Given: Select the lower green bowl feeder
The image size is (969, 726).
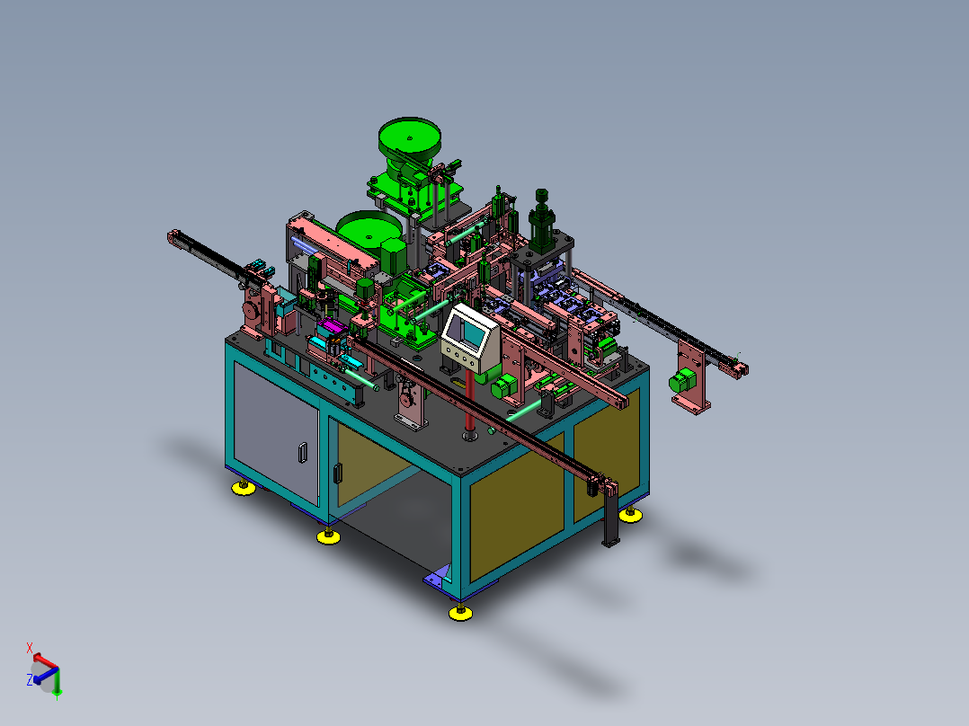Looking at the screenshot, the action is pyautogui.click(x=369, y=228).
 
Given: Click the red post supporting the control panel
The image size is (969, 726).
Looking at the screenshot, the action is pyautogui.click(x=469, y=401).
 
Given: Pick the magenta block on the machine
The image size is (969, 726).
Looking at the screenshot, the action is pyautogui.click(x=332, y=326).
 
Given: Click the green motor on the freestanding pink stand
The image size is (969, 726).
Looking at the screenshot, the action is pyautogui.click(x=681, y=380).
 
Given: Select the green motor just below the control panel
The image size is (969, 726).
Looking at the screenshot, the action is pyautogui.click(x=504, y=385).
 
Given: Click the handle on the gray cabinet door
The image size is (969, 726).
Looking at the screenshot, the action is pyautogui.click(x=302, y=452).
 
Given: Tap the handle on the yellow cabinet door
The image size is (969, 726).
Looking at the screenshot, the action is pyautogui.click(x=337, y=473).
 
